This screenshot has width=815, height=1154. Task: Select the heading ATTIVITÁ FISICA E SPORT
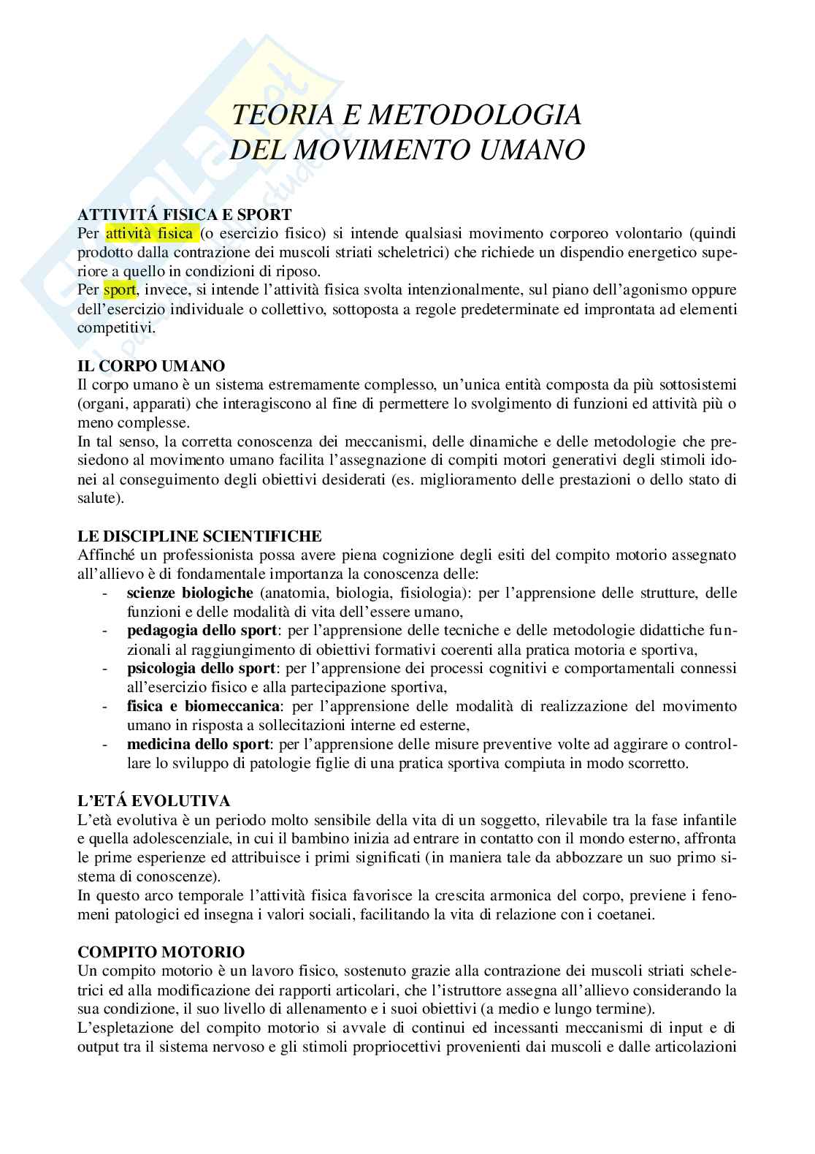click(185, 214)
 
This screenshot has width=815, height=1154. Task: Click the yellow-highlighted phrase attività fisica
click(150, 233)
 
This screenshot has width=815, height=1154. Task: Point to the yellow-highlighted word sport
click(120, 289)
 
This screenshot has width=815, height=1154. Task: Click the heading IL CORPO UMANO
click(151, 365)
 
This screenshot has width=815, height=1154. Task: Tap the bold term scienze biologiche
click(190, 592)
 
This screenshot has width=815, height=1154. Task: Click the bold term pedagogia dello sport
click(202, 630)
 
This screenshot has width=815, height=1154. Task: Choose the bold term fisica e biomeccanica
click(203, 706)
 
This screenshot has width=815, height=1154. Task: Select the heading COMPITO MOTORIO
click(161, 952)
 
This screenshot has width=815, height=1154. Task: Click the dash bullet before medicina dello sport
click(107, 744)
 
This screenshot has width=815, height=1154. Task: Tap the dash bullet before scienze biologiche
click(107, 592)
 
